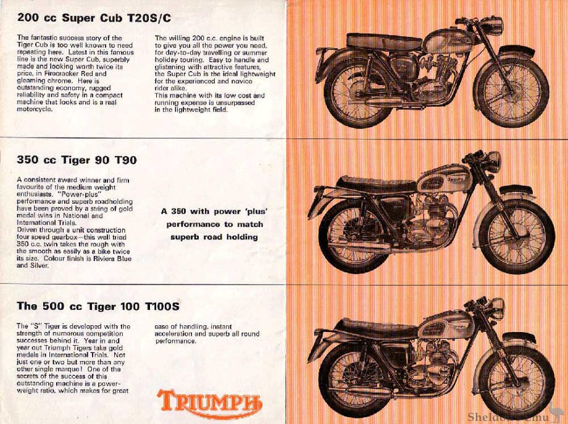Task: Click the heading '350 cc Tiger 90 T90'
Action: coord(77,160)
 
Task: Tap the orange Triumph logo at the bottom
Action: coord(209,402)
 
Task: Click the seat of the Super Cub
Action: coord(383,42)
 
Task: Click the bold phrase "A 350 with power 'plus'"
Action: coord(212,210)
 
